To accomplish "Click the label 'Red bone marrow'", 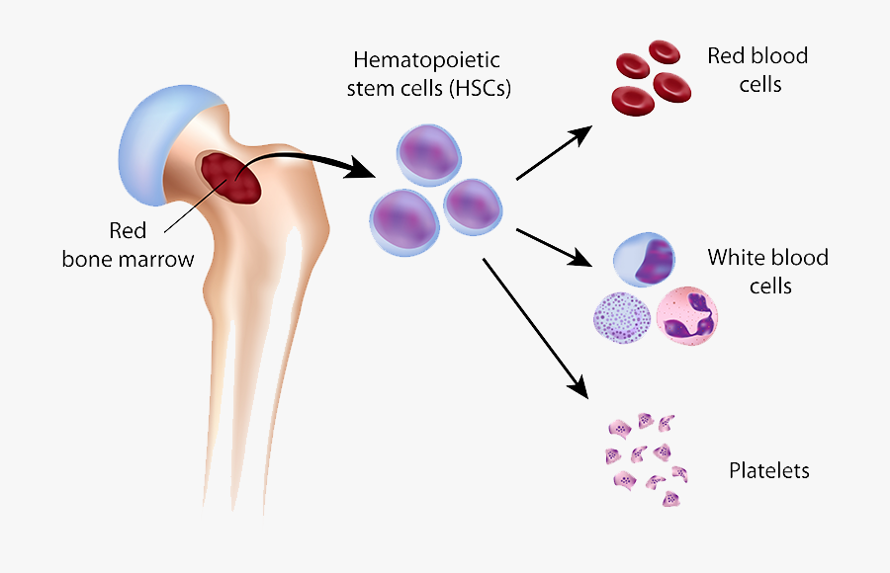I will pos(128,245).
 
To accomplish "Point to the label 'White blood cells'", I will pos(767,272).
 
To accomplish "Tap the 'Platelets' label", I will pos(768,470).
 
